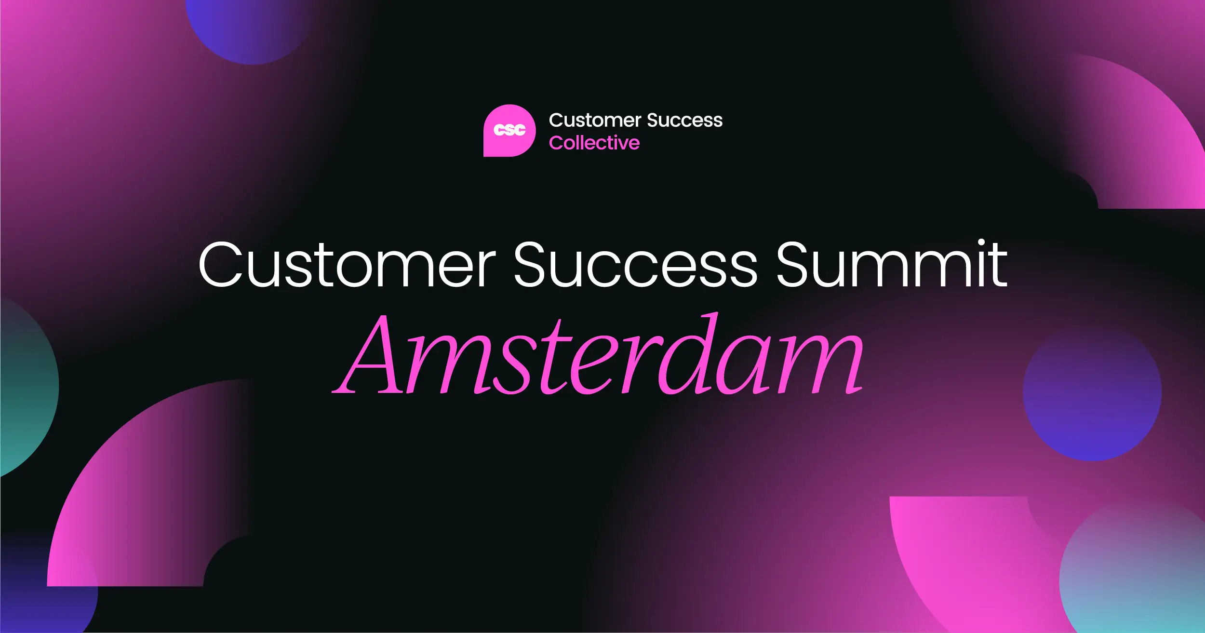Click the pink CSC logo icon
click(509, 131)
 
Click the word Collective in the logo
click(594, 143)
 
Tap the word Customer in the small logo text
click(595, 120)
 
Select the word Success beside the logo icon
click(685, 120)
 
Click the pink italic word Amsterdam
click(598, 354)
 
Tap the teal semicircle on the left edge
click(27, 386)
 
